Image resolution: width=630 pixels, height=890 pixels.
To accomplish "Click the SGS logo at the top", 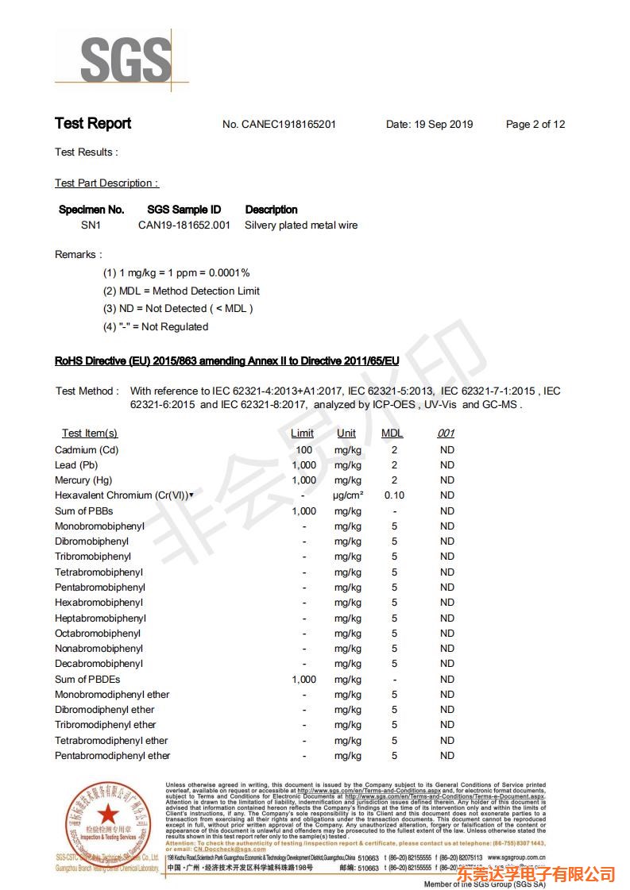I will click(x=126, y=59).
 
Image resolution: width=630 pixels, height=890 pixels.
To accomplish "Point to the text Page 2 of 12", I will click(x=535, y=125).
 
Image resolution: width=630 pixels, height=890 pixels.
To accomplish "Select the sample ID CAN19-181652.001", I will click(x=184, y=225).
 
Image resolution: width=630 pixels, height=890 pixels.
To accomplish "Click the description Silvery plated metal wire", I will click(x=301, y=225).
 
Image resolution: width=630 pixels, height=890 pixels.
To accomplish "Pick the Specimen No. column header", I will click(x=91, y=210).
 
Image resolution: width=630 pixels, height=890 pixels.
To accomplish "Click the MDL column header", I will click(x=392, y=433).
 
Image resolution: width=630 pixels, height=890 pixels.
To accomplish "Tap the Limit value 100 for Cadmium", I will click(x=303, y=450).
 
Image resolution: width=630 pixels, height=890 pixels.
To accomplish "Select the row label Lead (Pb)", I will click(x=76, y=465).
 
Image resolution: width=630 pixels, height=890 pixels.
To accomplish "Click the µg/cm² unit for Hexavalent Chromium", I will click(x=348, y=495).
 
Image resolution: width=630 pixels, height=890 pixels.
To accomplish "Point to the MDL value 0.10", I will click(x=394, y=495).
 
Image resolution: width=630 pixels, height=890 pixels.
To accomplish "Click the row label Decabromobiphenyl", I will click(x=99, y=664).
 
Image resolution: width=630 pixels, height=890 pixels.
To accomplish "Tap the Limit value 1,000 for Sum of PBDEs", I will click(x=303, y=680).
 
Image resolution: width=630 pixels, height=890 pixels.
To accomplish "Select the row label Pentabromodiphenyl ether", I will click(x=112, y=756).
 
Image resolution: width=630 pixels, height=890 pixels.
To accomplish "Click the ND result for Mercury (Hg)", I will click(x=447, y=480).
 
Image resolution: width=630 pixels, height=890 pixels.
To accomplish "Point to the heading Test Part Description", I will click(x=106, y=183).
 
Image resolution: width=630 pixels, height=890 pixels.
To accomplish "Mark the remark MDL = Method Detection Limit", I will click(x=181, y=291).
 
